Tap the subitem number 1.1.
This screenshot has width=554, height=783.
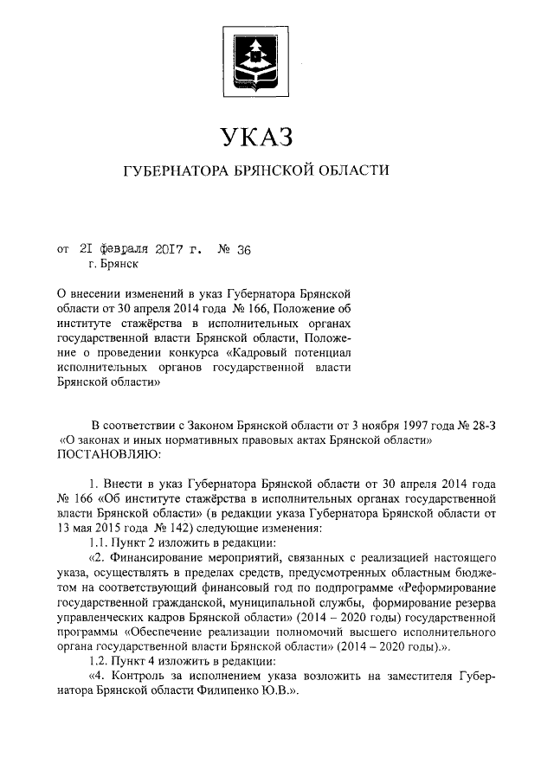pos(98,541)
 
